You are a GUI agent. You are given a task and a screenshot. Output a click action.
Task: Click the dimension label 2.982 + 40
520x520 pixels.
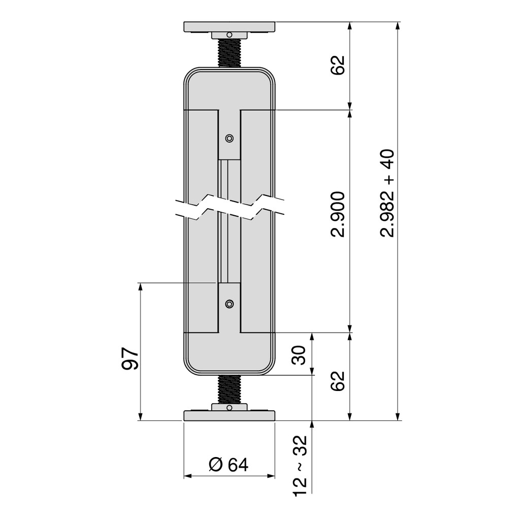point(387,193)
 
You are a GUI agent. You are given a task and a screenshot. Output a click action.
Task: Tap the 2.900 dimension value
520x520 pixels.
point(338,214)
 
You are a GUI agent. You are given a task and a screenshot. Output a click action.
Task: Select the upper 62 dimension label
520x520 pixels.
point(338,65)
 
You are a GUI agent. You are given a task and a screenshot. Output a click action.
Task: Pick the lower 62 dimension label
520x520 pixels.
point(338,381)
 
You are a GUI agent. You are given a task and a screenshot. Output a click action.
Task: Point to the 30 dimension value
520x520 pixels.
point(299,355)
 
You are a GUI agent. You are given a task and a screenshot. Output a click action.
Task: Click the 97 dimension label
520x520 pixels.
point(129,359)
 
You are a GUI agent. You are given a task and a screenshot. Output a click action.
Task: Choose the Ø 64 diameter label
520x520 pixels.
point(229,465)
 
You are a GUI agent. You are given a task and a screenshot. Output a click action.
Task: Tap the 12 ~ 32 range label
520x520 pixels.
point(300,466)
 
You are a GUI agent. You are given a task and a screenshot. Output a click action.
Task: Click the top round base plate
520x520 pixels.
point(230,27)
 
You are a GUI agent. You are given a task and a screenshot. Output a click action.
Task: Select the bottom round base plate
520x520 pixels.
point(230,415)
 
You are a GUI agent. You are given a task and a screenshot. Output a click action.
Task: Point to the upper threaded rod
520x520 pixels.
point(230,53)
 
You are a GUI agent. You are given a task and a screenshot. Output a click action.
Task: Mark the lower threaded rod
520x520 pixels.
point(230,389)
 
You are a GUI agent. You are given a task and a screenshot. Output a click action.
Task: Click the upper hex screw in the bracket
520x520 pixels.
point(229,138)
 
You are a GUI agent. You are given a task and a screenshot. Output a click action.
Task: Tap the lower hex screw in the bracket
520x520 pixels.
point(229,304)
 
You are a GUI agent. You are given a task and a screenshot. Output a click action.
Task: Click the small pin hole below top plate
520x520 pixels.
point(229,35)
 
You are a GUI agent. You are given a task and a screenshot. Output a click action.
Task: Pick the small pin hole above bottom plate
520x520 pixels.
point(229,408)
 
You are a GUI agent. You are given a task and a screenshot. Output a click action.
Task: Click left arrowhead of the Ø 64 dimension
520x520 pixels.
point(188,476)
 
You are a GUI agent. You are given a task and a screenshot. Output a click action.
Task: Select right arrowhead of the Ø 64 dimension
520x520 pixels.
point(271,476)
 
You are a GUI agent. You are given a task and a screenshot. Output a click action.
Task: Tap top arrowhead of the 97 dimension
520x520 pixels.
point(140,287)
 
